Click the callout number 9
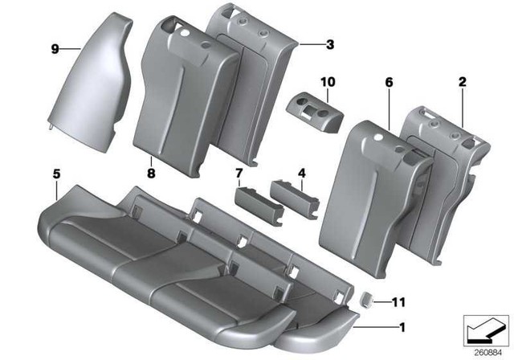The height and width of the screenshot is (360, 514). pos(55,50)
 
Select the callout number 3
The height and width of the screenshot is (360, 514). pos(329,46)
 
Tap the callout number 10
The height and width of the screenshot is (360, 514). pos(326,82)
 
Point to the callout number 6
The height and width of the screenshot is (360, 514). pos(388,83)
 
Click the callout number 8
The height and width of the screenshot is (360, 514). pos(151,170)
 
